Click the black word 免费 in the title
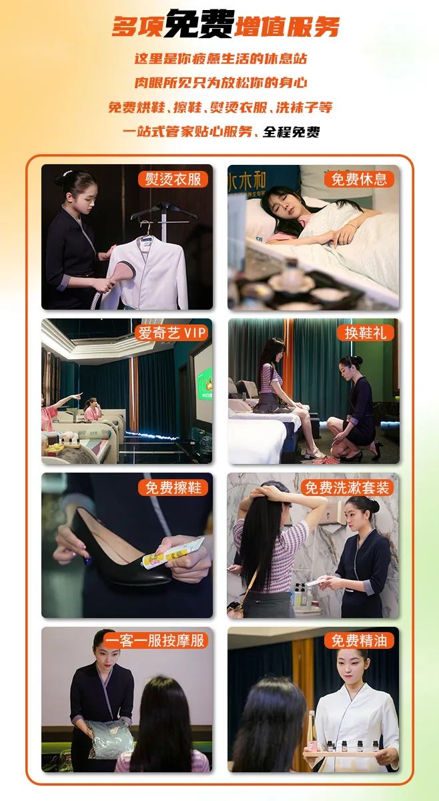[199, 24]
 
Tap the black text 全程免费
[292, 132]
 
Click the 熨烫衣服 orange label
[173, 179]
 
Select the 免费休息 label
[359, 179]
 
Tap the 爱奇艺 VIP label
[171, 333]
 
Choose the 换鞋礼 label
[365, 333]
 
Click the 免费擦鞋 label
[173, 487]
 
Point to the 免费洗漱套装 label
[347, 487]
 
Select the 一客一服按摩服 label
[155, 641]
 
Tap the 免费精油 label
[359, 641]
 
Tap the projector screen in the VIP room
[203, 382]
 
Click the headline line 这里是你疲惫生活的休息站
[221, 59]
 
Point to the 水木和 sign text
[247, 182]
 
